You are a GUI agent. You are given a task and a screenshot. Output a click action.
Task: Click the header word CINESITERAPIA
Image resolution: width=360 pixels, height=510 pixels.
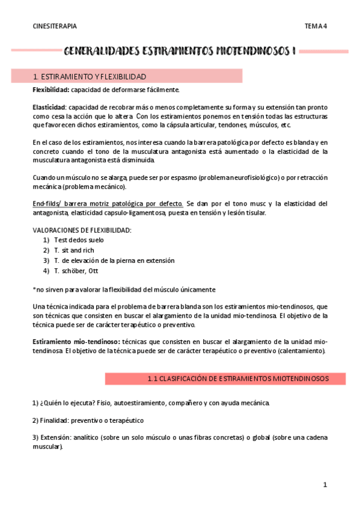point(55,26)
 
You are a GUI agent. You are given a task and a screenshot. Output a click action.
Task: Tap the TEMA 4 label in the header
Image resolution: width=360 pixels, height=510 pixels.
point(315,26)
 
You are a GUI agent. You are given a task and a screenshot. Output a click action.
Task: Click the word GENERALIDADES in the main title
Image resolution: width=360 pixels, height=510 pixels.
point(100,52)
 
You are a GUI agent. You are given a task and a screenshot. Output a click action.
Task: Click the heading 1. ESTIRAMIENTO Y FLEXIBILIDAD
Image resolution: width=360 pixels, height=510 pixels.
point(89,76)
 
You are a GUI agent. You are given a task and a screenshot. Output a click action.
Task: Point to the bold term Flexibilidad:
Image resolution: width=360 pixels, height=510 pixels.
point(51,90)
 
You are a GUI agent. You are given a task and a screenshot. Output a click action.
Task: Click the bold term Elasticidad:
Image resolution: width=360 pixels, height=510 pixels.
point(49,107)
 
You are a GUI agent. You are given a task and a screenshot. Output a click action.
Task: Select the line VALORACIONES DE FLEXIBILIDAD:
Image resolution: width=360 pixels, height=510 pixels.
point(81,230)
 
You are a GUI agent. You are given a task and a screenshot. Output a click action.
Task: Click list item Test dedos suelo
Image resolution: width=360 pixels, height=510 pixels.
point(79,240)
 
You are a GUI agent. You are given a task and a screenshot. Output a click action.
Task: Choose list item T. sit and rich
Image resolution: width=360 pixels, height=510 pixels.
point(74,250)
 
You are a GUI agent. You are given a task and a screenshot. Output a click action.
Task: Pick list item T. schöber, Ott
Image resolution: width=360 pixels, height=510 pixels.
point(76,271)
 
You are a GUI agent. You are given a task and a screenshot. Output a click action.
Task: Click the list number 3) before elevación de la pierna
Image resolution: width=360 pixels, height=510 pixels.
point(46,260)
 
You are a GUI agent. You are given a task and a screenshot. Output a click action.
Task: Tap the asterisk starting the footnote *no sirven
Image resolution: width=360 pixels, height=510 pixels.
point(34,289)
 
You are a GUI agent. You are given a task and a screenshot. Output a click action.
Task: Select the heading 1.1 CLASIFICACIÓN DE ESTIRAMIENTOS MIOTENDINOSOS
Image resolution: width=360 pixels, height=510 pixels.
point(238,379)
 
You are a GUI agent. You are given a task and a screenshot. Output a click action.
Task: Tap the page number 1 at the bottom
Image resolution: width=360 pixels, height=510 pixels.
point(325,485)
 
